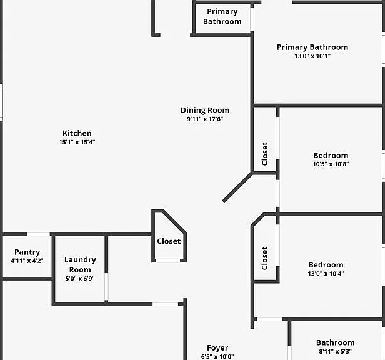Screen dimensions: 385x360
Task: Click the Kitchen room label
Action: click(77, 133)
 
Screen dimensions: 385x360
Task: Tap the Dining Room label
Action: click(205, 110)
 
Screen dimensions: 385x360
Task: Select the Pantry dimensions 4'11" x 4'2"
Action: click(27, 261)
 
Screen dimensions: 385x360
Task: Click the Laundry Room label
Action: click(80, 265)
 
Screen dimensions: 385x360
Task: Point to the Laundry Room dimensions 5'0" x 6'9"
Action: click(80, 279)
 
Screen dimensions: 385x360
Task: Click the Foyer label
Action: click(217, 347)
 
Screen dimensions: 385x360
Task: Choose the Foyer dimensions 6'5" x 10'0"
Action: click(217, 356)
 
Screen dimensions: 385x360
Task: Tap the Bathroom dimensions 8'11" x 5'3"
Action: click(336, 351)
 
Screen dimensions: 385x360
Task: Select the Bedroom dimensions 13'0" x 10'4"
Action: click(326, 274)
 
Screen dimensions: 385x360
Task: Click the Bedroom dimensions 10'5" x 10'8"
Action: click(331, 164)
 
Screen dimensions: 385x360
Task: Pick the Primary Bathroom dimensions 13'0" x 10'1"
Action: click(312, 56)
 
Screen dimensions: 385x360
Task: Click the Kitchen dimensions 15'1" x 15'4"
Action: click(77, 142)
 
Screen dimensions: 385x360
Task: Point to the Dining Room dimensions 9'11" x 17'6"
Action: click(205, 119)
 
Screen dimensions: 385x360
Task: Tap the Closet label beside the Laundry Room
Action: click(169, 241)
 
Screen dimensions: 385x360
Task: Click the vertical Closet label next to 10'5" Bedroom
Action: click(265, 154)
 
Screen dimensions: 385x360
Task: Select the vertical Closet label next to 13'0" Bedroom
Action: click(264, 258)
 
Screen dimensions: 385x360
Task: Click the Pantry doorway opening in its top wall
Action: click(38, 234)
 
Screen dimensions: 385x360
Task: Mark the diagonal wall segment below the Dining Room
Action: click(237, 187)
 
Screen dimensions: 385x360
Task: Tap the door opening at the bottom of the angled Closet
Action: click(168, 261)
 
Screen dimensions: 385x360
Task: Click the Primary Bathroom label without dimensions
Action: click(222, 16)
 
